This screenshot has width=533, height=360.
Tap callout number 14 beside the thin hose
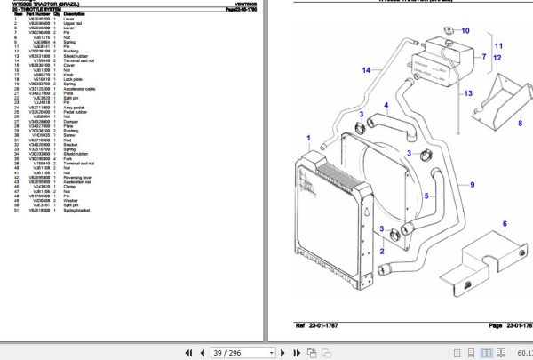click(x=365, y=70)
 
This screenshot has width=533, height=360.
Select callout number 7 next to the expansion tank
click(x=482, y=57)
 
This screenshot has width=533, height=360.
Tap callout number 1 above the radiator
click(x=307, y=140)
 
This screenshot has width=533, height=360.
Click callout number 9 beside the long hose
click(x=473, y=185)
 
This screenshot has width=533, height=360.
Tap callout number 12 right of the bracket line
click(x=498, y=58)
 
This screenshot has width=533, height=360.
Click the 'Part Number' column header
click(x=37, y=14)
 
